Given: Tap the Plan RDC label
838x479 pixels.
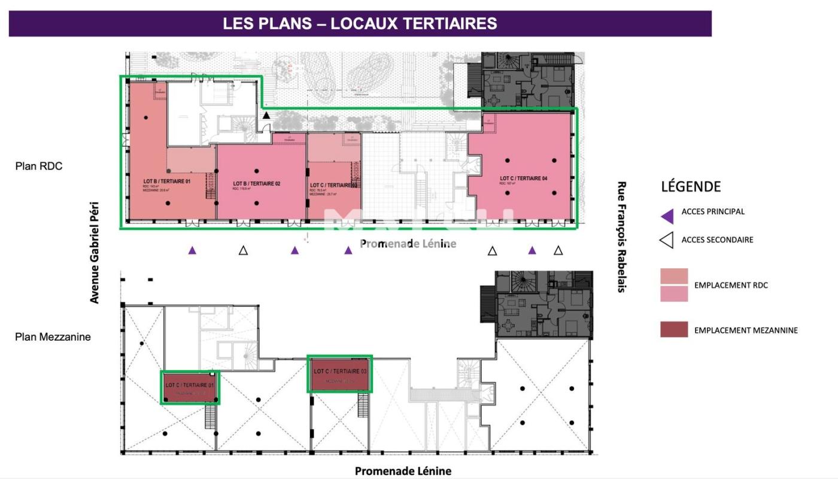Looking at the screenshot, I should (39, 166).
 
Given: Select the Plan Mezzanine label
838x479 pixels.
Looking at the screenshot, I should (53, 336).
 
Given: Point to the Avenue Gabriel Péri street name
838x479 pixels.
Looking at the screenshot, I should (95, 252).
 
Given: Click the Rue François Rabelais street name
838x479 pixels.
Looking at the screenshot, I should (621, 237).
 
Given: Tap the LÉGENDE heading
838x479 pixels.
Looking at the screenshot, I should (691, 186).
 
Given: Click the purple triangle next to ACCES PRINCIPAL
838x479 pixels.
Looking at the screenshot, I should (667, 216).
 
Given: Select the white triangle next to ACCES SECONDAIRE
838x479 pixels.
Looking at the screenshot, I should (667, 241).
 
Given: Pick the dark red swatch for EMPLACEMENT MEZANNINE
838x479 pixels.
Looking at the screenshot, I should (674, 330).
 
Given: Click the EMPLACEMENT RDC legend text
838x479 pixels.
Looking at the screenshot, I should (731, 285).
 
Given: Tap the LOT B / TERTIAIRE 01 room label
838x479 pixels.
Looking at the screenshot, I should (166, 181).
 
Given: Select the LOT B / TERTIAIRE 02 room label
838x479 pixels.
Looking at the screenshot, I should (257, 183).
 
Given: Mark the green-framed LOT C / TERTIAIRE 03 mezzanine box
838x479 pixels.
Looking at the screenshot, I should (340, 374).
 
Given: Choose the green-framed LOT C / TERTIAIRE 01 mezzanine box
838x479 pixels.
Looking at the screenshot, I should (190, 387).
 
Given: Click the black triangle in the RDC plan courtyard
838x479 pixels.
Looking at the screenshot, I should (266, 115).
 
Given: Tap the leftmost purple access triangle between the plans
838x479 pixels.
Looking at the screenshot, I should (192, 250).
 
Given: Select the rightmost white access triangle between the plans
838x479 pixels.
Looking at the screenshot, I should (558, 250).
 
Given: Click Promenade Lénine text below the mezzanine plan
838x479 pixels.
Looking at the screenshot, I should (403, 471).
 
